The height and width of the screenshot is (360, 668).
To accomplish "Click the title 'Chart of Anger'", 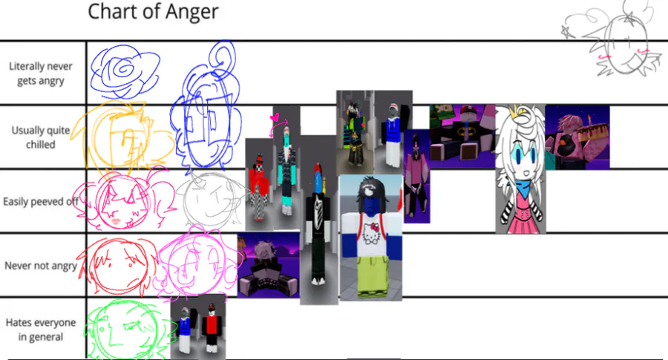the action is pyautogui.click(x=153, y=11).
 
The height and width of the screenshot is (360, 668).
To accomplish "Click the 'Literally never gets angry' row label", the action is pyautogui.click(x=41, y=73).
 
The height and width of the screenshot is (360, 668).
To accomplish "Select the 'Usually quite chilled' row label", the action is pyautogui.click(x=41, y=137).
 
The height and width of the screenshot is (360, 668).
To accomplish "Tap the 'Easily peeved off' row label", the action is pyautogui.click(x=41, y=201).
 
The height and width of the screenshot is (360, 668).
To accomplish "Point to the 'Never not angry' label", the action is pyautogui.click(x=41, y=266).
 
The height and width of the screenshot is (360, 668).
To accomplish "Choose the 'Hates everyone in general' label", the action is pyautogui.click(x=41, y=330).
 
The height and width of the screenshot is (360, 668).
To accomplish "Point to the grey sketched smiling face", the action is pyautogui.click(x=211, y=200).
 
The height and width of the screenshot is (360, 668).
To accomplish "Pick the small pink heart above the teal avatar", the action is pyautogui.click(x=275, y=117).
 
